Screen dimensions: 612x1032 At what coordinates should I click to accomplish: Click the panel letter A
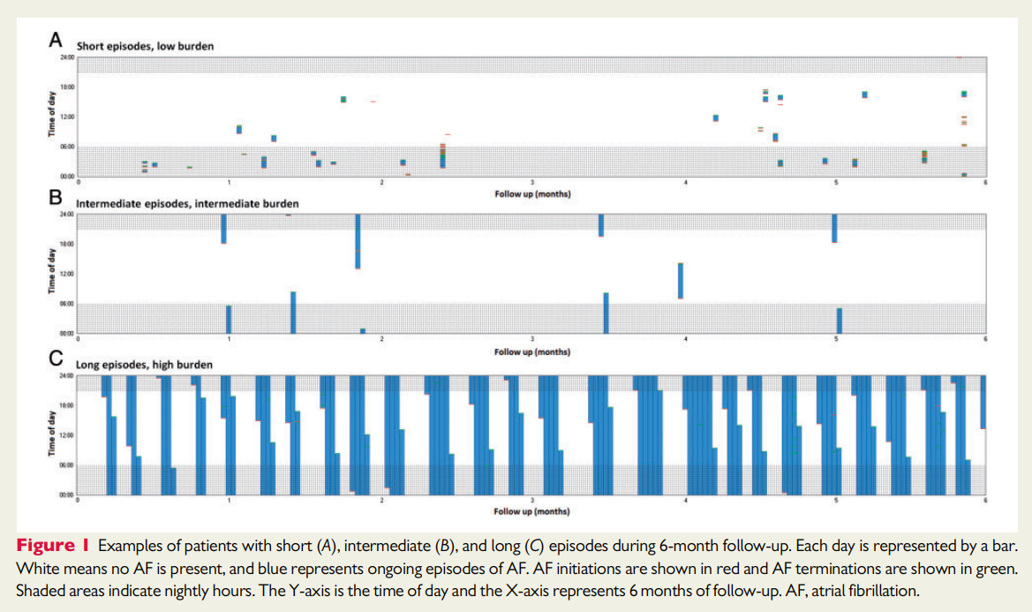[56, 40]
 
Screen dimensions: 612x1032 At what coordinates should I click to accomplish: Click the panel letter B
[56, 199]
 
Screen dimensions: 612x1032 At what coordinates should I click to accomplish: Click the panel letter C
[56, 359]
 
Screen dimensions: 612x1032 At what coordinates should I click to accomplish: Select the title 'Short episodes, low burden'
[145, 44]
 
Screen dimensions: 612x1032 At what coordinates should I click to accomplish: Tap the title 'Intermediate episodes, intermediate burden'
[187, 204]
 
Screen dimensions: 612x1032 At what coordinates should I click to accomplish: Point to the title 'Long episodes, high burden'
[144, 364]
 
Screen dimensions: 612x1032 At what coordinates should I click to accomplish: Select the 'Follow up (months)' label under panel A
[531, 192]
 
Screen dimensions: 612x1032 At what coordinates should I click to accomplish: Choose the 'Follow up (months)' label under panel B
[531, 351]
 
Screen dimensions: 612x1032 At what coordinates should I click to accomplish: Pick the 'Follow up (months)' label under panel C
[531, 510]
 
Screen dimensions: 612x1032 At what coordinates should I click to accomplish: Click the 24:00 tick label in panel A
[67, 57]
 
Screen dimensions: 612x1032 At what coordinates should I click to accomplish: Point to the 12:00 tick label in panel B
[67, 274]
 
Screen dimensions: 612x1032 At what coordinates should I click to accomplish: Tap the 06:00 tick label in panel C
[67, 465]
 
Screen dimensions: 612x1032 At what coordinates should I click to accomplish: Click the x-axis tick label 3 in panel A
[532, 183]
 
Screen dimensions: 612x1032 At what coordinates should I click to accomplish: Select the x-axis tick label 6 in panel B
[985, 339]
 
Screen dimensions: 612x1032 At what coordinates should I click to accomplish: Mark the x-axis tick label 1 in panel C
[230, 500]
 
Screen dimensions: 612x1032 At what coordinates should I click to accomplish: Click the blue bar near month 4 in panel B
[681, 281]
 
